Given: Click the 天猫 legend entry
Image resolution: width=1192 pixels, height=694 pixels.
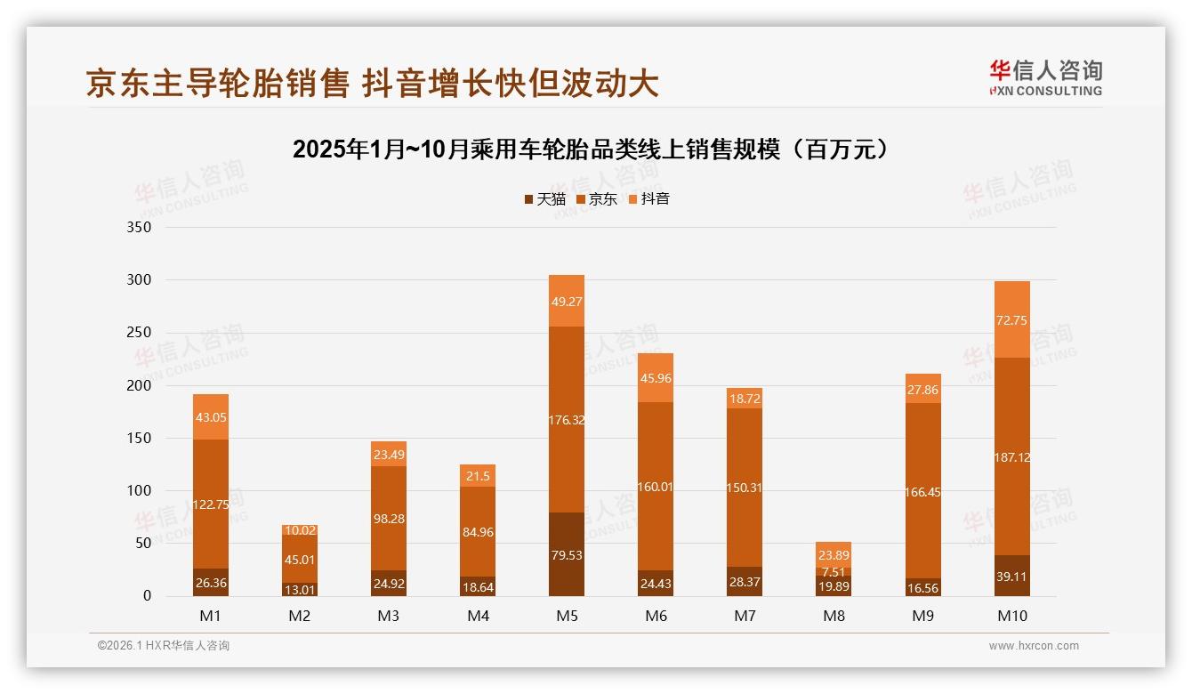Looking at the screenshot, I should click(x=544, y=199).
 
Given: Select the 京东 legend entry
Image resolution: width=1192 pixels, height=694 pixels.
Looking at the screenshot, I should click(x=596, y=199).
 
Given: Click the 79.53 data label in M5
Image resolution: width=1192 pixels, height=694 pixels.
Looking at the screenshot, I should click(x=567, y=554).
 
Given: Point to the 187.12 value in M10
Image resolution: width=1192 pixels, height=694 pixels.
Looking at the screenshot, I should click(x=1011, y=457).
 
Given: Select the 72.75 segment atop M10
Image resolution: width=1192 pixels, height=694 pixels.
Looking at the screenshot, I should click(x=1011, y=320).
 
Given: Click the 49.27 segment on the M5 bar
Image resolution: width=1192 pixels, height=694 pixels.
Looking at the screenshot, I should click(x=567, y=302).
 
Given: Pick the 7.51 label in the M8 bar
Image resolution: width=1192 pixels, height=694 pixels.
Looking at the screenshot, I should click(x=834, y=572).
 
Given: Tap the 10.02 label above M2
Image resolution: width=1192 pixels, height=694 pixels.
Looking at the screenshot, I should click(x=300, y=530).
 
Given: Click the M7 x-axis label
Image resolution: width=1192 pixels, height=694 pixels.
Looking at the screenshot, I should click(x=745, y=616).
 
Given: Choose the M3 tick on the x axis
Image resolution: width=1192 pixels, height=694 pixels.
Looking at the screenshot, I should click(x=389, y=616).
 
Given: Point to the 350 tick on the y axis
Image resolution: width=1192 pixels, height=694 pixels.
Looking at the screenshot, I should click(x=141, y=228).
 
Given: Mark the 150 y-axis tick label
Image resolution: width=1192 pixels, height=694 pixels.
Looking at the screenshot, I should click(x=141, y=439).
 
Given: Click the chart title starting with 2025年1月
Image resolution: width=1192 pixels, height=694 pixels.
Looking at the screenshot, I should click(x=592, y=149).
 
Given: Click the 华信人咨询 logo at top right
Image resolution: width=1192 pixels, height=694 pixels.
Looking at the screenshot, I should click(x=1045, y=77).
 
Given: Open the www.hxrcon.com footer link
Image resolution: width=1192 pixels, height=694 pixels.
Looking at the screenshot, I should click(x=1034, y=646).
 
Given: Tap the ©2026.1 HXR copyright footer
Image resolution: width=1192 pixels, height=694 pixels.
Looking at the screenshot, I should click(x=163, y=646).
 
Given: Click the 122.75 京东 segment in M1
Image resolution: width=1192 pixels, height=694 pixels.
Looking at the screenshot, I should click(x=211, y=504).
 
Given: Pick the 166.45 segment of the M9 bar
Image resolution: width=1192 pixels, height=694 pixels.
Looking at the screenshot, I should click(x=922, y=492).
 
